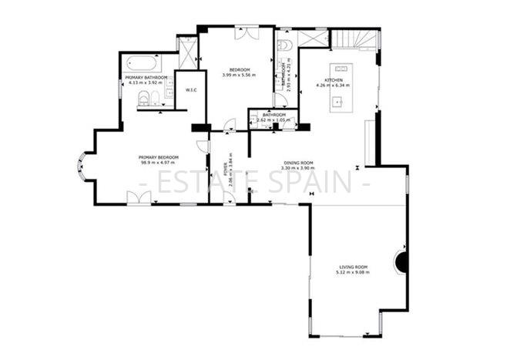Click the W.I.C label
191,90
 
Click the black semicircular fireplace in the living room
401,262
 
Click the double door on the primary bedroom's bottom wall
139,198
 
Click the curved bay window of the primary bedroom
81,171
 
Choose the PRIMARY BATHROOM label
146,78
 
